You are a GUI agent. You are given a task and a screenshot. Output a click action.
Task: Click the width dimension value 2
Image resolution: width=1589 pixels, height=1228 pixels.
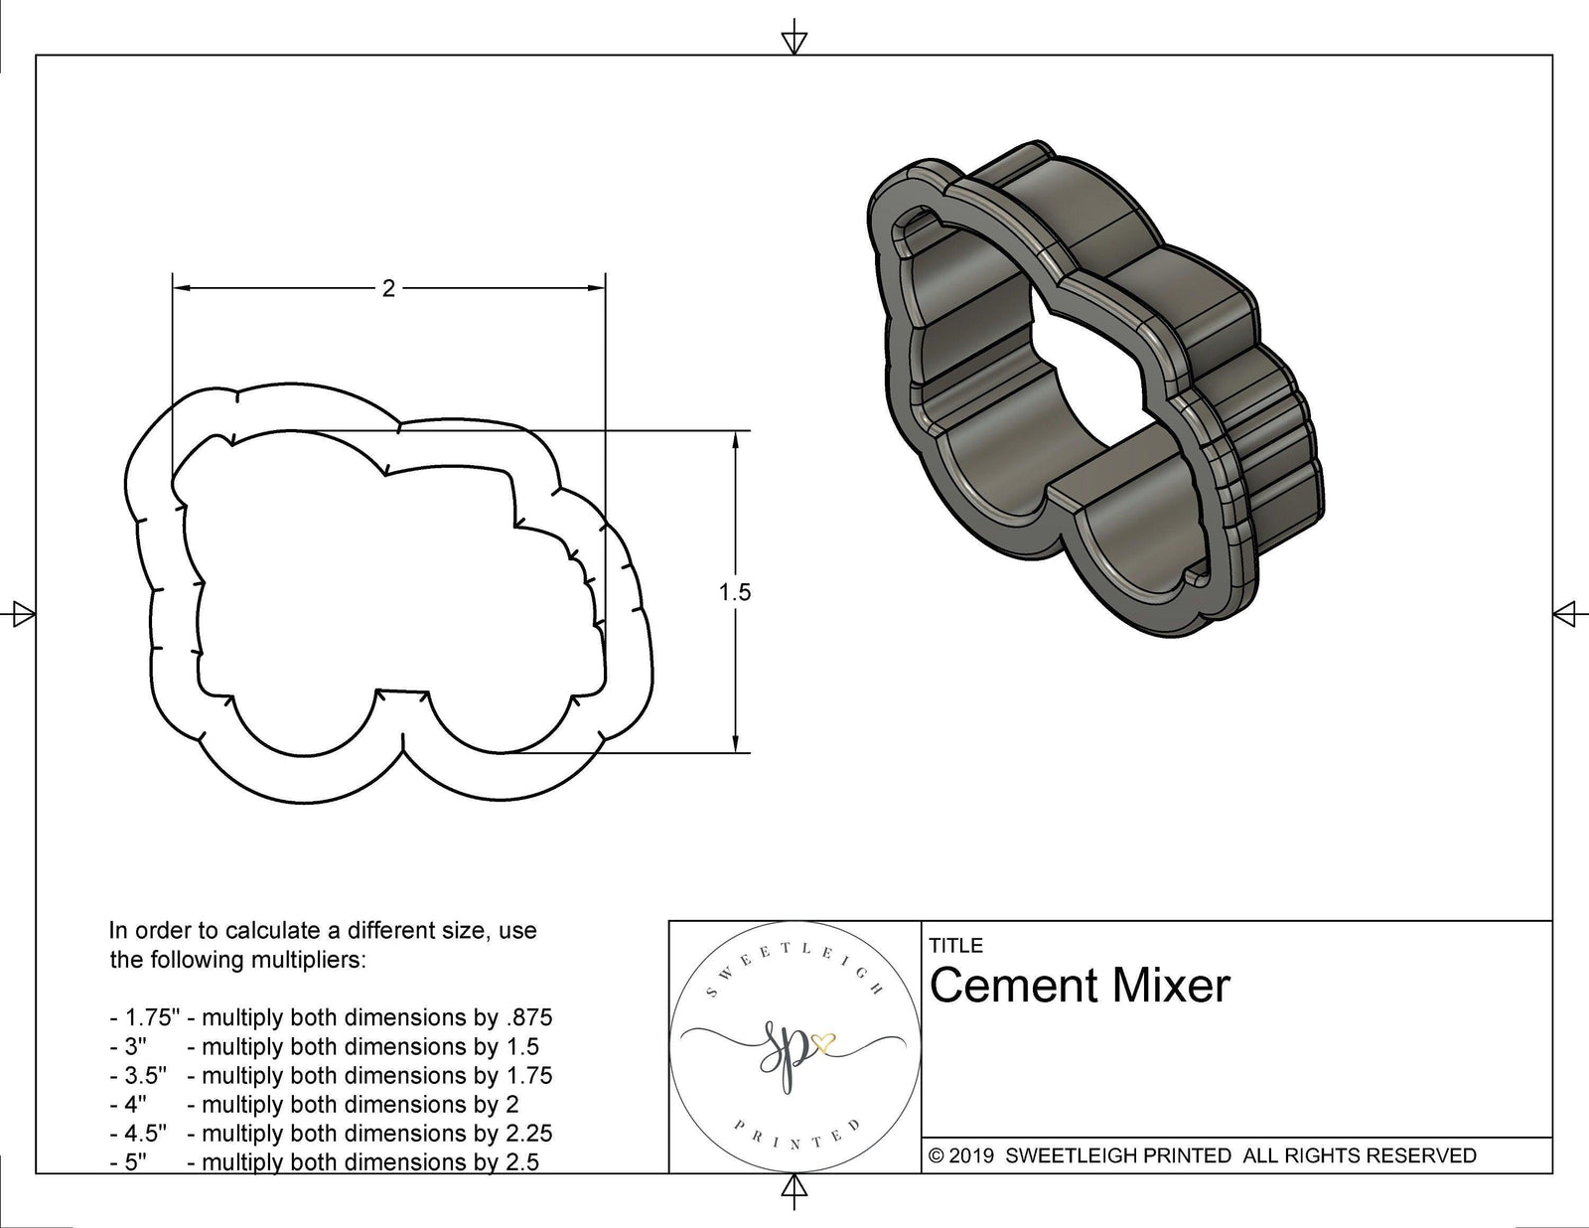pos(388,288)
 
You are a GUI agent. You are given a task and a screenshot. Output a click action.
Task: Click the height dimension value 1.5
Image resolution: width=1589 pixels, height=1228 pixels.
pos(735,592)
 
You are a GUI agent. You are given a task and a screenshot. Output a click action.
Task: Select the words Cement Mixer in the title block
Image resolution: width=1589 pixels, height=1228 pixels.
pos(1080,987)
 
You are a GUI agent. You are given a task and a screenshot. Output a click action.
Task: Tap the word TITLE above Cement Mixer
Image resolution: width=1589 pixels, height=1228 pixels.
pos(955,945)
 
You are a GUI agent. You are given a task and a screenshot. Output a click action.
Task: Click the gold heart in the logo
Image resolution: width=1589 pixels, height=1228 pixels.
pos(823,1043)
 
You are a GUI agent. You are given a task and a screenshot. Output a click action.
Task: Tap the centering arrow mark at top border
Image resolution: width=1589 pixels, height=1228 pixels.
pos(794,42)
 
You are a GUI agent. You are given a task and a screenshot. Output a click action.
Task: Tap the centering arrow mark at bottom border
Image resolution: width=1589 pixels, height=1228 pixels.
pos(794,1188)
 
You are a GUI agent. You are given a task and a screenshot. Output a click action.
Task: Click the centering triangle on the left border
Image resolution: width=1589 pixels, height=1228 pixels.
pos(20,613)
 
